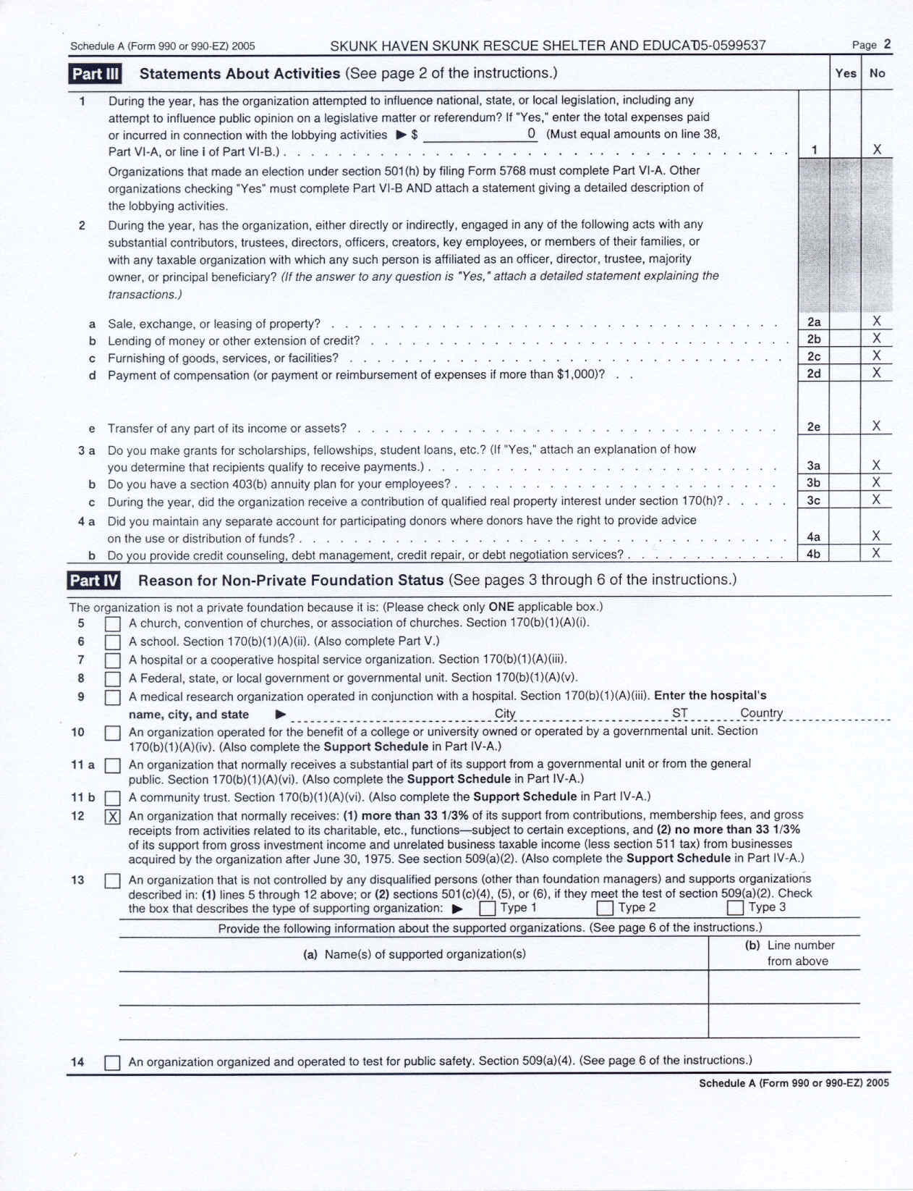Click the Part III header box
point(95,74)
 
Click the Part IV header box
point(94,581)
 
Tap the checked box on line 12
point(113,817)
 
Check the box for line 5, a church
point(112,624)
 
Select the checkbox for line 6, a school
point(112,642)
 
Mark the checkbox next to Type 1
point(488,908)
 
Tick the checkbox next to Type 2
point(605,908)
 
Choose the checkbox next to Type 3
point(735,908)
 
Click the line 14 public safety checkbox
point(112,1063)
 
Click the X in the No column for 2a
point(877,321)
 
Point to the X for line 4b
point(876,554)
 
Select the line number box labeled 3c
point(814,500)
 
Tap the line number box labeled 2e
point(814,427)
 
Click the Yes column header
point(845,73)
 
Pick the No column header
point(877,73)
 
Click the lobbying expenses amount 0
point(531,133)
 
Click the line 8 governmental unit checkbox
point(112,679)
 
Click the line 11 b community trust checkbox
point(112,799)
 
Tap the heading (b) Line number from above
point(789,953)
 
